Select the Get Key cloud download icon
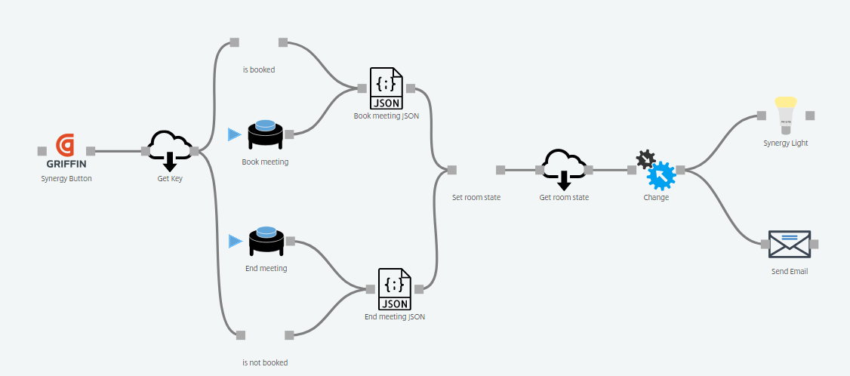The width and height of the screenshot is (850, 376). (x=169, y=150)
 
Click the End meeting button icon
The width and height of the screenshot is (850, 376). (x=265, y=241)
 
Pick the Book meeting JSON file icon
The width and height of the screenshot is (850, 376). (x=386, y=88)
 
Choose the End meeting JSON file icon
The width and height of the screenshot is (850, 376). (x=394, y=288)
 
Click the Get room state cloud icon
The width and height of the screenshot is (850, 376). (x=564, y=168)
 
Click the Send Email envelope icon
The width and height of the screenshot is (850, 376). (x=789, y=244)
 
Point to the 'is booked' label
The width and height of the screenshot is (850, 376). (x=259, y=69)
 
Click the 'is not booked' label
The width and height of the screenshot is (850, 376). (x=265, y=362)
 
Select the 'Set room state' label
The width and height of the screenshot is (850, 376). (x=476, y=197)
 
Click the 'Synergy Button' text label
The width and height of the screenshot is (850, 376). (x=66, y=179)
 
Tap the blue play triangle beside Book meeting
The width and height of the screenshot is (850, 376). (x=233, y=134)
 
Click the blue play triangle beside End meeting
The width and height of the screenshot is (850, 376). (x=233, y=241)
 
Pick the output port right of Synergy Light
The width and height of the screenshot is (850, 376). (x=809, y=116)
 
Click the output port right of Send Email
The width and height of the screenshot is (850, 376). (x=814, y=244)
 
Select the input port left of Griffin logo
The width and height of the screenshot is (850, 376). (x=42, y=151)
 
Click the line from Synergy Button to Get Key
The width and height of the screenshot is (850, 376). (x=118, y=151)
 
